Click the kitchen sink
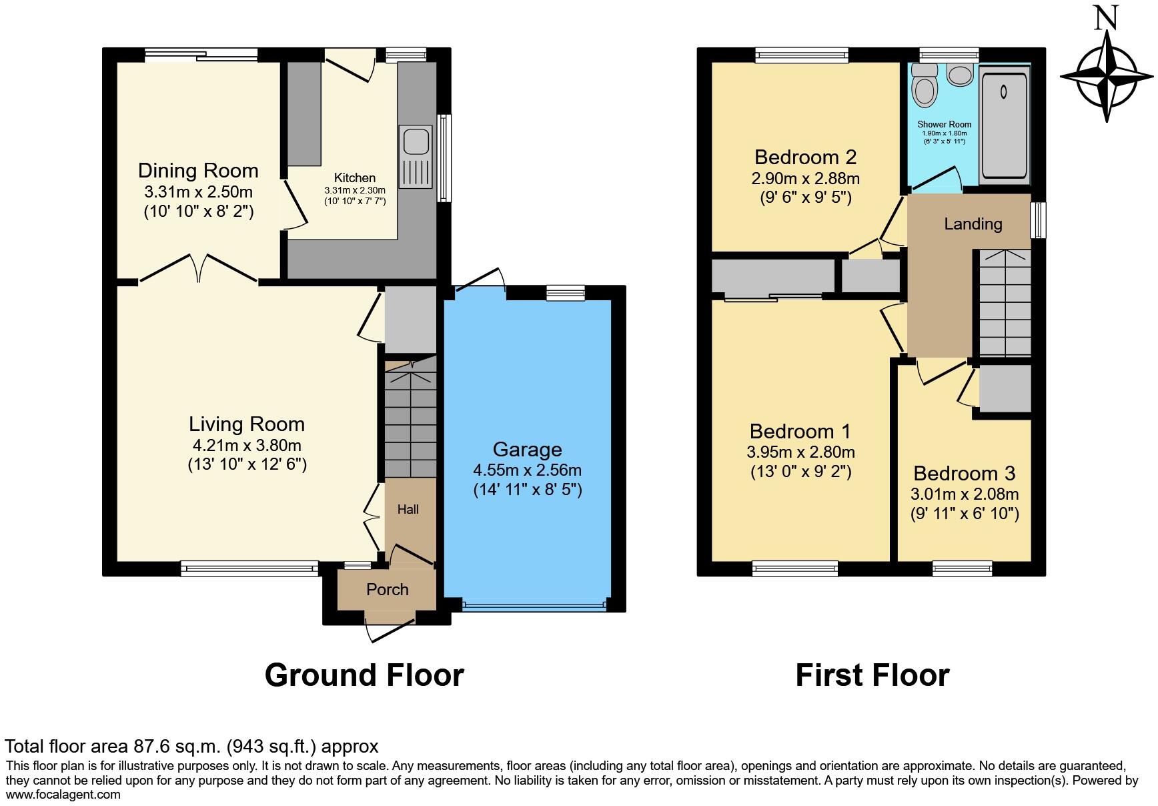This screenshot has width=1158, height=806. point(416,157)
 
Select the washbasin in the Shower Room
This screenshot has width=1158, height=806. point(961,75)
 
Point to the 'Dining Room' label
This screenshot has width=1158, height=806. point(198,171)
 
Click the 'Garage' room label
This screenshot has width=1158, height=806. point(527,450)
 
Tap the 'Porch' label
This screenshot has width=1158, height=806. point(387,590)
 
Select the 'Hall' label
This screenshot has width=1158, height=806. point(408,510)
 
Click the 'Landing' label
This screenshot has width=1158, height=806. point(973,224)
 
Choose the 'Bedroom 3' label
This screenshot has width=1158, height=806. point(965,474)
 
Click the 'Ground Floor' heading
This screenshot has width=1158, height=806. point(364,675)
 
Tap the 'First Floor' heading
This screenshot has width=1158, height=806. point(873,675)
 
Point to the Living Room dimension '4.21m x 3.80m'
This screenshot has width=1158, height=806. point(247,446)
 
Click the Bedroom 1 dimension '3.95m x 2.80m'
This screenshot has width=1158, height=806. point(800,452)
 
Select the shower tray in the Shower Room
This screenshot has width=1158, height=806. point(1005,125)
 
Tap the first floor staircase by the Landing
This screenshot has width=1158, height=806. point(1005,304)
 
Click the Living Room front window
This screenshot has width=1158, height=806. point(249,568)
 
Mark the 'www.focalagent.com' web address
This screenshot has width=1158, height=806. point(63,795)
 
